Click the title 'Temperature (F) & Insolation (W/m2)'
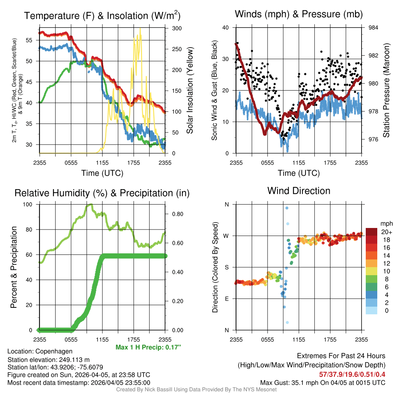pyautogui.click(x=102, y=16)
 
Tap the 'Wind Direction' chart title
pyautogui.click(x=299, y=191)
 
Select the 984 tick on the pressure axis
pyautogui.click(x=374, y=28)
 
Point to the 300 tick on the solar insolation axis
pyautogui.click(x=178, y=28)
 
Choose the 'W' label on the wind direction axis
pyautogui.click(x=226, y=236)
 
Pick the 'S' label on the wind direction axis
pyautogui.click(x=226, y=267)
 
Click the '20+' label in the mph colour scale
pyautogui.click(x=383, y=232)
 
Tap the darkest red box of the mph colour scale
pyautogui.click(x=372, y=232)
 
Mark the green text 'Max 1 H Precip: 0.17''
pyautogui.click(x=148, y=347)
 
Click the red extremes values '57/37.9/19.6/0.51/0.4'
pyautogui.click(x=352, y=374)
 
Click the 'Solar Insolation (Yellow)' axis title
pyautogui.click(x=190, y=91)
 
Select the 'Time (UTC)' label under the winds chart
pyautogui.click(x=299, y=173)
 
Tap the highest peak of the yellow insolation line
pyautogui.click(x=140, y=28)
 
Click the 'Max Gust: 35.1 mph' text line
pyautogui.click(x=322, y=382)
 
